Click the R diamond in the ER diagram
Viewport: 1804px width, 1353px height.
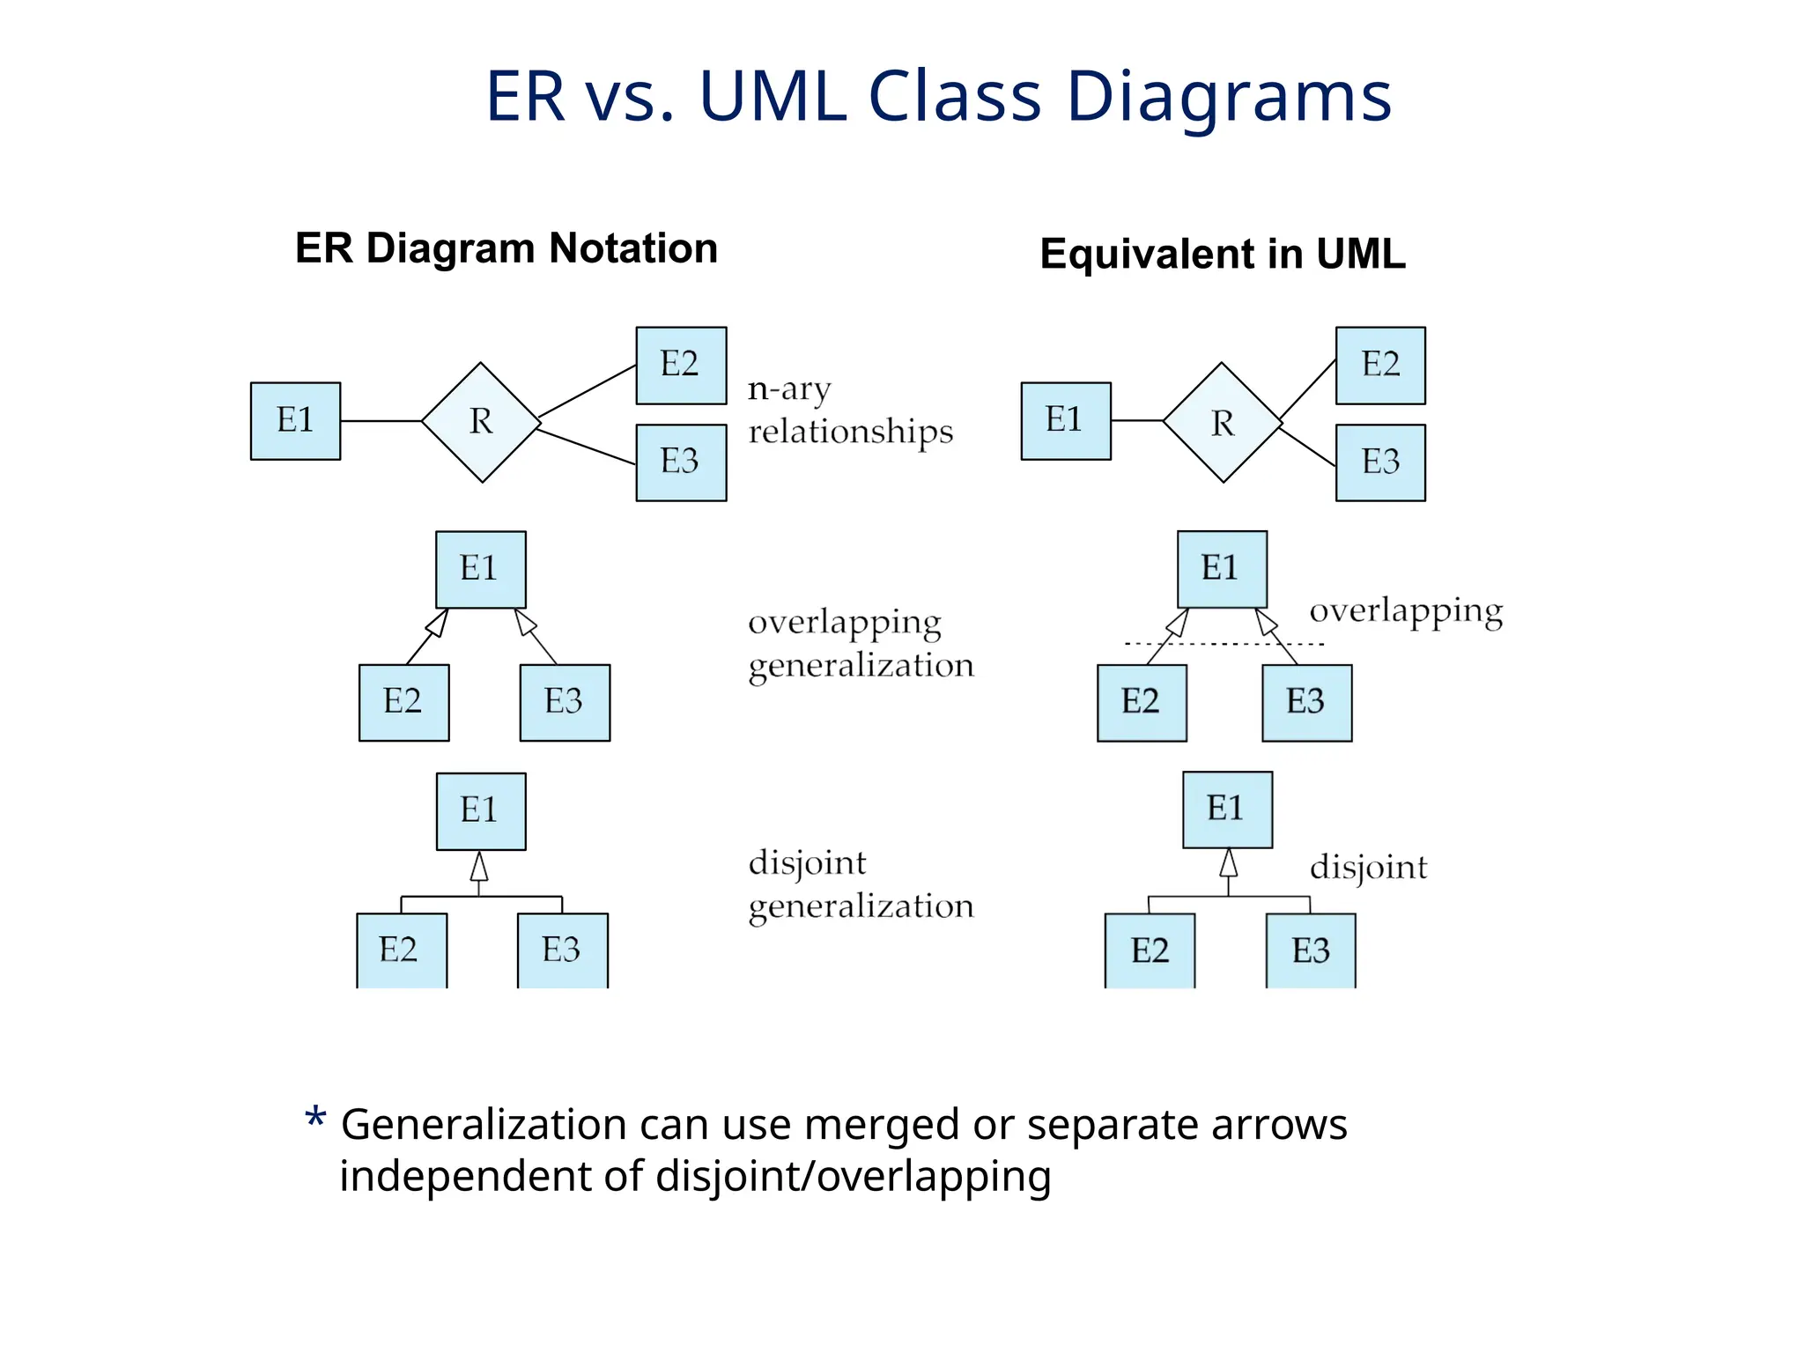481,422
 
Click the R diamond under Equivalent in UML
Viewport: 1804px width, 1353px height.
1223,423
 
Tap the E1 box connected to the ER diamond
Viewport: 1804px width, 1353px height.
295,420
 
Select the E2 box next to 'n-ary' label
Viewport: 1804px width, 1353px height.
681,365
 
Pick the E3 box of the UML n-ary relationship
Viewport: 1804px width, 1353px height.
1380,462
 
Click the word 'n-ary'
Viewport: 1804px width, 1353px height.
789,389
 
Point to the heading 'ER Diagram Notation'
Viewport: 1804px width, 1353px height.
506,248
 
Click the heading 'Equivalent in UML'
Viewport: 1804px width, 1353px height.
1223,254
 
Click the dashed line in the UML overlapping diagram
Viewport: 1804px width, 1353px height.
1224,644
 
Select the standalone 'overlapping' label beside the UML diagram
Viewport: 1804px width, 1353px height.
1406,611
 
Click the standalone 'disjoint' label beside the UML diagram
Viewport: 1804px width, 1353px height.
1368,868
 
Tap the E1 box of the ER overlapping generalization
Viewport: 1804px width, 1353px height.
481,569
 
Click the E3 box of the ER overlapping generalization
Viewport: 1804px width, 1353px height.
565,702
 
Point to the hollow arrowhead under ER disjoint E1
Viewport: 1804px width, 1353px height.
479,867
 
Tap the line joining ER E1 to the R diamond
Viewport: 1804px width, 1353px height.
381,421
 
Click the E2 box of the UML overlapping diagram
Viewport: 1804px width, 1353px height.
1142,702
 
